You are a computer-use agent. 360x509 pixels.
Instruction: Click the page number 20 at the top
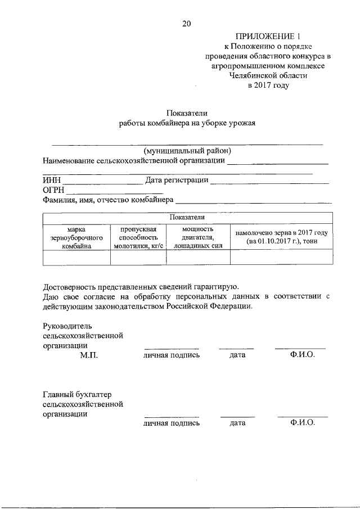pyautogui.click(x=187, y=23)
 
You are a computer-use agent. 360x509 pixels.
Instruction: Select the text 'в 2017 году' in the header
pyautogui.click(x=268, y=86)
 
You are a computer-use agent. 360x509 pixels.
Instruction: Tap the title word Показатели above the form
pyautogui.click(x=187, y=114)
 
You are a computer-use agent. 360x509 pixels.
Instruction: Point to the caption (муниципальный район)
pyautogui.click(x=187, y=151)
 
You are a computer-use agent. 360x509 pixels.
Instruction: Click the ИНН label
pyautogui.click(x=51, y=181)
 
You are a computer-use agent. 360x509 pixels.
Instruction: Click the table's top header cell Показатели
pyautogui.click(x=188, y=218)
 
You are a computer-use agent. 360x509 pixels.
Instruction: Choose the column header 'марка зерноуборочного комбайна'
pyautogui.click(x=76, y=238)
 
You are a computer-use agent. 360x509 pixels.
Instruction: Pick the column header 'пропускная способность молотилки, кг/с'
pyautogui.click(x=138, y=238)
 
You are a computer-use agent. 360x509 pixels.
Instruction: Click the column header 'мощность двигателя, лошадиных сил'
pyautogui.click(x=198, y=238)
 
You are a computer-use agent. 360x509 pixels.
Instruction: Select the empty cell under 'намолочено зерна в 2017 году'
pyautogui.click(x=281, y=257)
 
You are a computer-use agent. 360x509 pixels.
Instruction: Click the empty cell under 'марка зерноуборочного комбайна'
pyautogui.click(x=76, y=257)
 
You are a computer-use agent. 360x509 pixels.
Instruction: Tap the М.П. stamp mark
pyautogui.click(x=89, y=356)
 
